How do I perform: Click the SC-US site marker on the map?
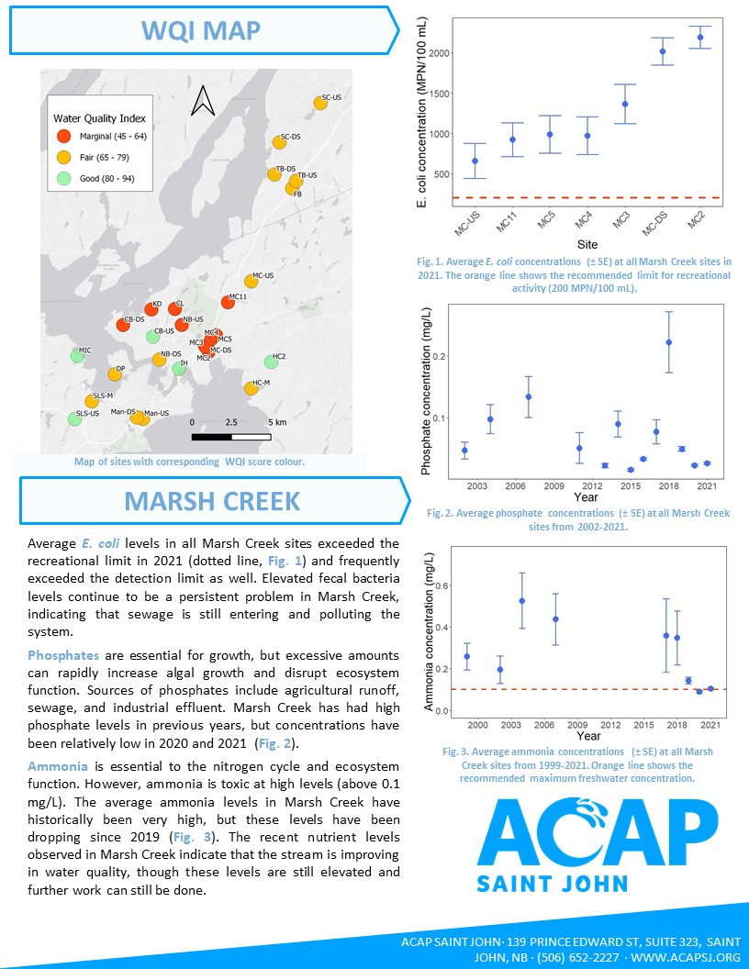pos(320,104)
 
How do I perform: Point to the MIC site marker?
pos(77,355)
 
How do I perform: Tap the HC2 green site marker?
pos(271,362)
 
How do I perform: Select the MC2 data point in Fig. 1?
pos(699,38)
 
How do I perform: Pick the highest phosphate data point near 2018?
pos(668,341)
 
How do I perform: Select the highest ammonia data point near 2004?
pos(522,601)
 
